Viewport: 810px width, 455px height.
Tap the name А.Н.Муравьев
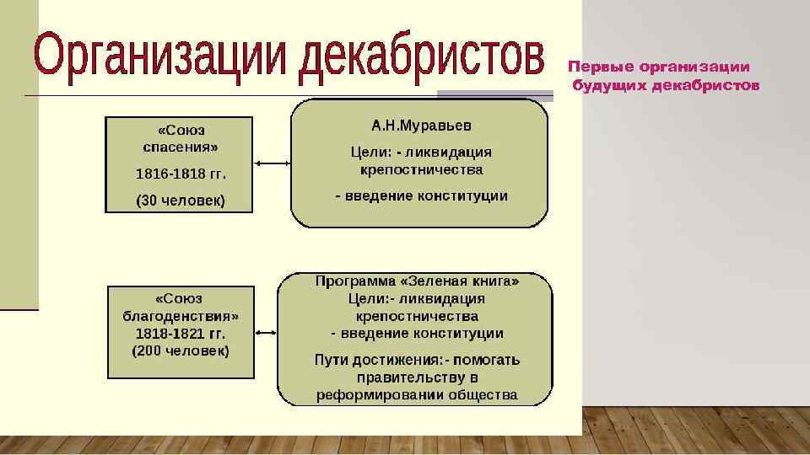pyautogui.click(x=422, y=125)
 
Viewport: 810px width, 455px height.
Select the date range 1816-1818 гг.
pyautogui.click(x=181, y=174)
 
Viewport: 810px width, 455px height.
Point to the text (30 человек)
pyautogui.click(x=181, y=201)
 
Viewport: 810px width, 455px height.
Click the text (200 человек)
pyautogui.click(x=181, y=351)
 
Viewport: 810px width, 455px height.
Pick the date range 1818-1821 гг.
pyautogui.click(x=181, y=334)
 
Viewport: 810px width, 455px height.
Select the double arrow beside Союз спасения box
pyautogui.click(x=272, y=163)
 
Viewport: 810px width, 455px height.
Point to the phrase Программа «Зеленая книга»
pyautogui.click(x=417, y=281)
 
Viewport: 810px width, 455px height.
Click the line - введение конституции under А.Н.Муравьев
pyautogui.click(x=422, y=196)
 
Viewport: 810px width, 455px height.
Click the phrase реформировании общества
pyautogui.click(x=417, y=394)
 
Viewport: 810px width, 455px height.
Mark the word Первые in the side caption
pyautogui.click(x=601, y=67)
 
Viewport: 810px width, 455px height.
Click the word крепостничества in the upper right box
pyautogui.click(x=422, y=170)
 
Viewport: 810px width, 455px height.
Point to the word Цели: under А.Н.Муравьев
pyautogui.click(x=369, y=153)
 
